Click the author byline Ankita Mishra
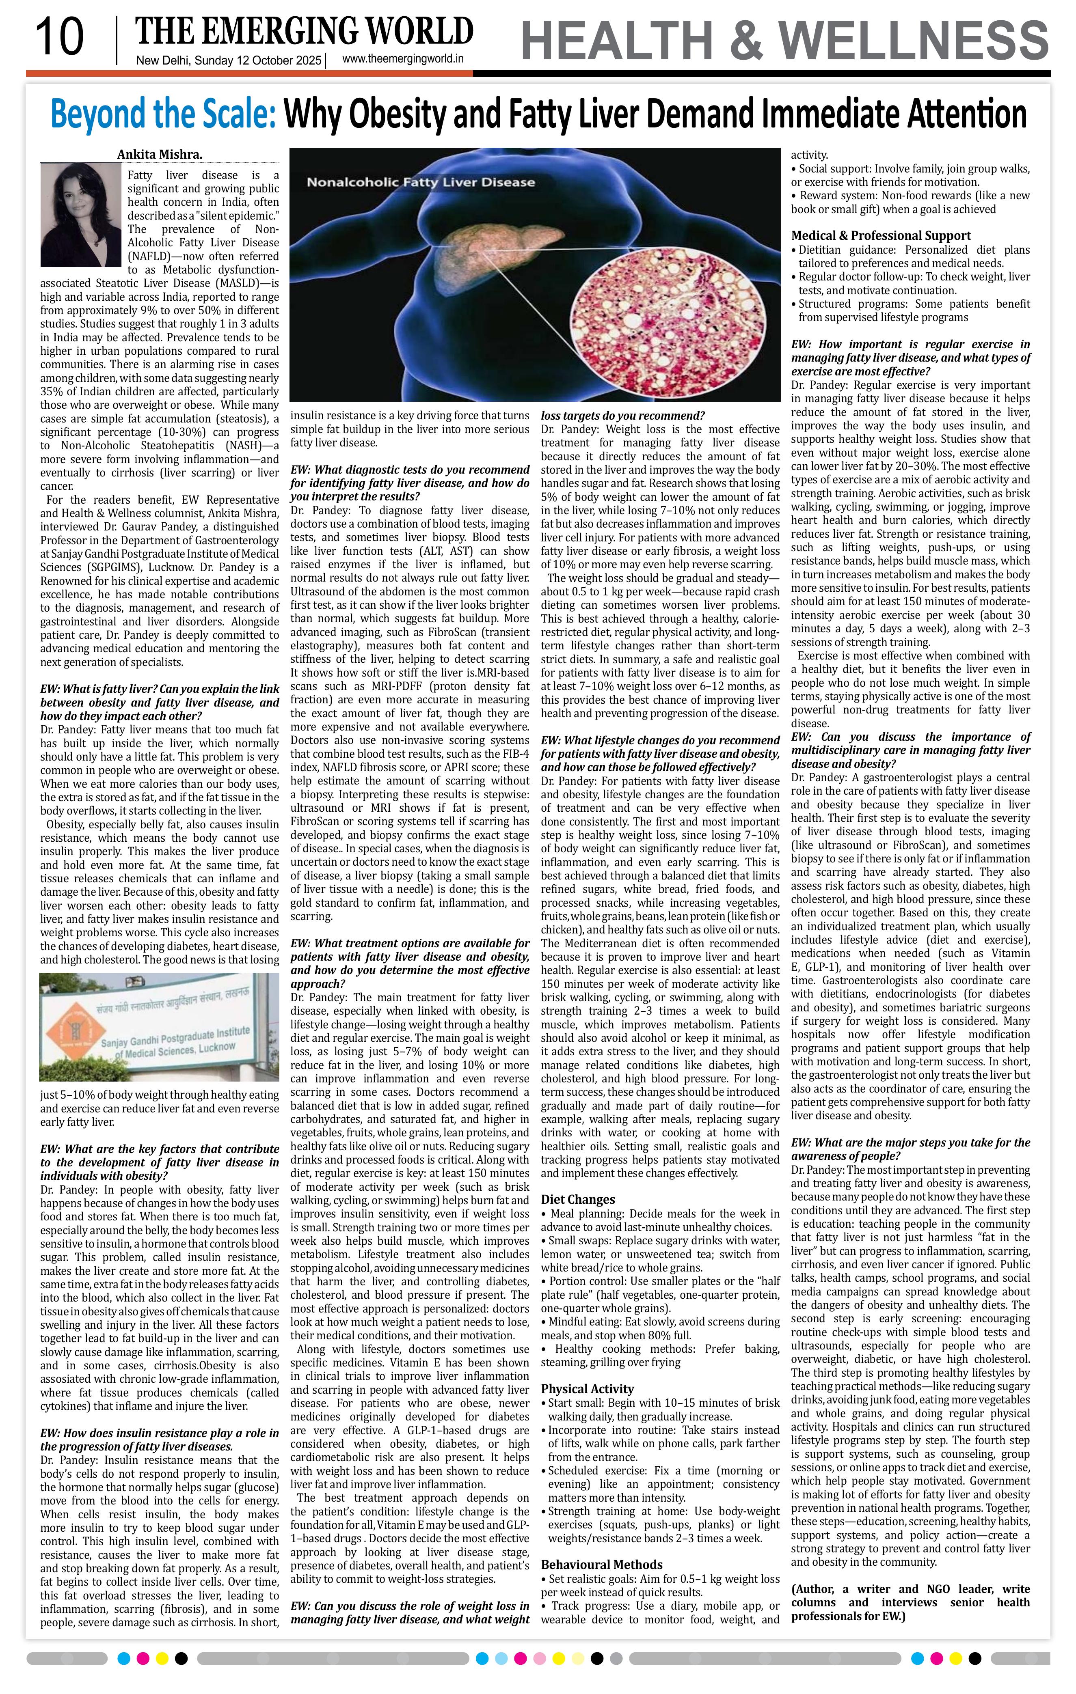point(159,155)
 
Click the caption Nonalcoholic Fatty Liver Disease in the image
point(420,182)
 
